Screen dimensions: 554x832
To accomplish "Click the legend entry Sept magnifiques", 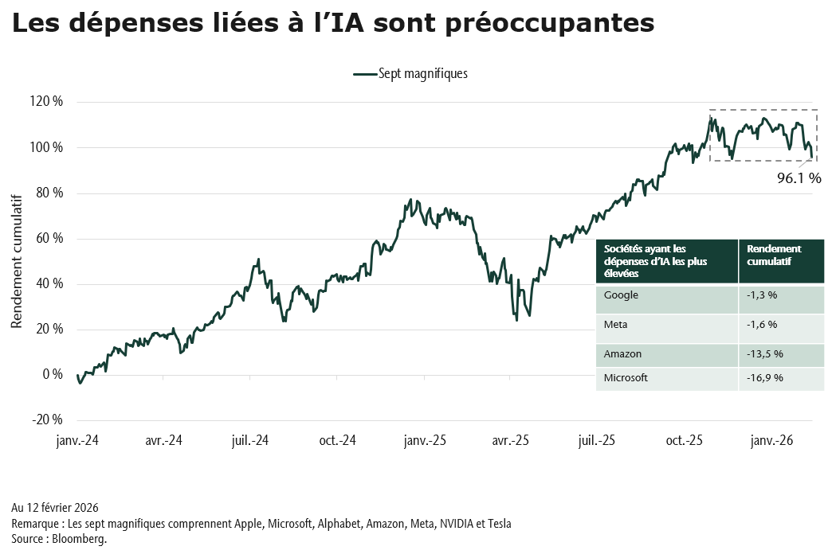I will [x=410, y=73].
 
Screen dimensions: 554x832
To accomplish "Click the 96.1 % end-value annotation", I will [x=799, y=179].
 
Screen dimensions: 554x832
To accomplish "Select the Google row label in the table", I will [x=622, y=295].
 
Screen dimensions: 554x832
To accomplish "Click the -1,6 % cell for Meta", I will [x=762, y=324].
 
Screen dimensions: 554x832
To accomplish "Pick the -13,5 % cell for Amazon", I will [x=765, y=353].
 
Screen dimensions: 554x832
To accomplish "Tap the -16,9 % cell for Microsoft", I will [x=765, y=377].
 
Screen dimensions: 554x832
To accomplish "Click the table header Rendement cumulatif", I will [x=775, y=255].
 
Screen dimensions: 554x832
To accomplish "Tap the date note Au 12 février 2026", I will [x=55, y=507].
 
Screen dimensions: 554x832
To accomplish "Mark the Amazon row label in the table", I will [x=623, y=353].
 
